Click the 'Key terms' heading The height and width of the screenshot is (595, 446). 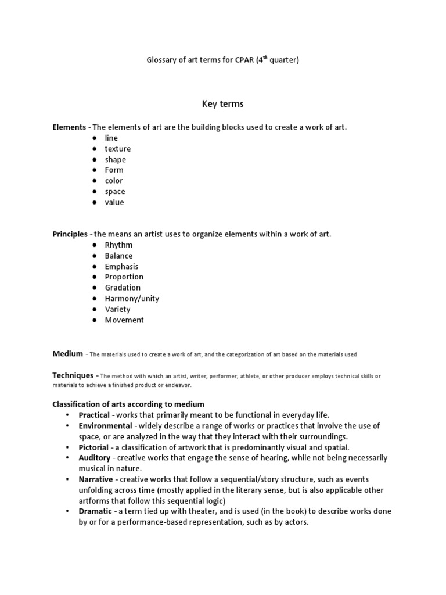[222, 104]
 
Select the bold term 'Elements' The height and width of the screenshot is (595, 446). [69, 127]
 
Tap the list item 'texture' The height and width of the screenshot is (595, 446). [117, 149]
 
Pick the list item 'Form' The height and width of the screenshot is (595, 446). [114, 170]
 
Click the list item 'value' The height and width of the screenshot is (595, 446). [114, 202]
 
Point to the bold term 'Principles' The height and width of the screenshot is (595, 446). [70, 234]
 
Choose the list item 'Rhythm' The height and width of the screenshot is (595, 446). [118, 245]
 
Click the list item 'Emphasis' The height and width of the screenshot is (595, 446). [121, 267]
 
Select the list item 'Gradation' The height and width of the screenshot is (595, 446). [123, 288]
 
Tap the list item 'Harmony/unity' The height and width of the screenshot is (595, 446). [132, 299]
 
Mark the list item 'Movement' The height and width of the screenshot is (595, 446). [124, 320]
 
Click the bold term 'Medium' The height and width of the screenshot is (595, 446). [68, 353]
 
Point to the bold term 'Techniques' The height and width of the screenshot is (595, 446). [73, 376]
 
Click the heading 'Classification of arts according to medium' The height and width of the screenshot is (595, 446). [128, 404]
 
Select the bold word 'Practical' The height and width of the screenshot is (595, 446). [94, 415]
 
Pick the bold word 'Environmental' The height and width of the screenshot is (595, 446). [105, 426]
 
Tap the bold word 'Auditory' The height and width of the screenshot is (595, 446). [94, 458]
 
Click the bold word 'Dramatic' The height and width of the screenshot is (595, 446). [96, 511]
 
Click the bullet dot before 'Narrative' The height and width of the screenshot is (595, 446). [67, 479]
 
